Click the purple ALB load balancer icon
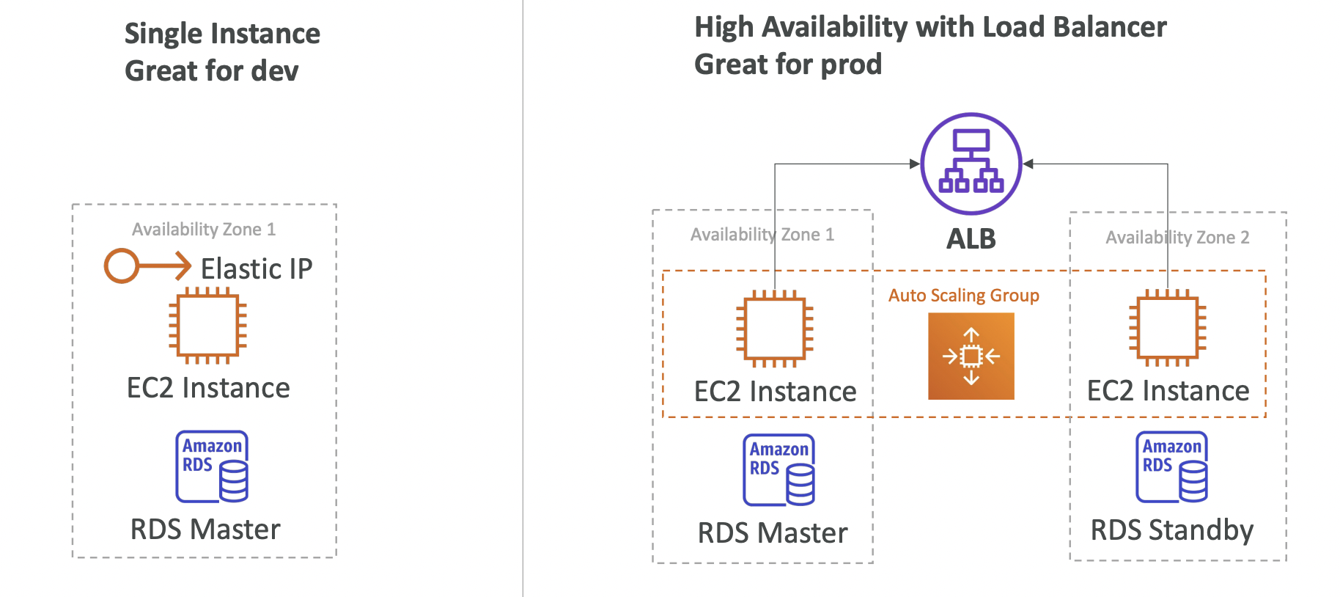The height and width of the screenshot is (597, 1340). coord(971,163)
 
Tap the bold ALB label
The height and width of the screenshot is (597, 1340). coord(971,239)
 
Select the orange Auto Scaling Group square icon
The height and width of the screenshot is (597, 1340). coord(971,356)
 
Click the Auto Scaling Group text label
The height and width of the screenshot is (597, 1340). coord(963,296)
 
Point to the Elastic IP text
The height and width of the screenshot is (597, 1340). coord(257,269)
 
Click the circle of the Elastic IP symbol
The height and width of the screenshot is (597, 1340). coord(122,265)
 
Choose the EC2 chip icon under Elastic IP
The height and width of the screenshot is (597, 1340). coord(207,325)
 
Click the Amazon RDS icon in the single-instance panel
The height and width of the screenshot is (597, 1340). coord(212,466)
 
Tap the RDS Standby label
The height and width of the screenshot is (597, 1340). coord(1171,530)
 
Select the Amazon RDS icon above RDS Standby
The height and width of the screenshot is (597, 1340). coord(1171,466)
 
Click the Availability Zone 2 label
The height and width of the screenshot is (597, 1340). coord(1177,238)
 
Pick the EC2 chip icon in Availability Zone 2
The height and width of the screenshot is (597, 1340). coord(1167,328)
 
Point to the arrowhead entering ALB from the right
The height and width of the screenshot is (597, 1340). coord(1028,164)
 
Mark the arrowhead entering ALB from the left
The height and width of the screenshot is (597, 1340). coord(914,164)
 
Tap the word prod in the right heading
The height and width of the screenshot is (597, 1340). coord(851,65)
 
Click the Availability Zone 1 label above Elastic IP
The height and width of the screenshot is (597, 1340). coord(204,230)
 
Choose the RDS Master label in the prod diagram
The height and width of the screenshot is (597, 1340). coord(772,533)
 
